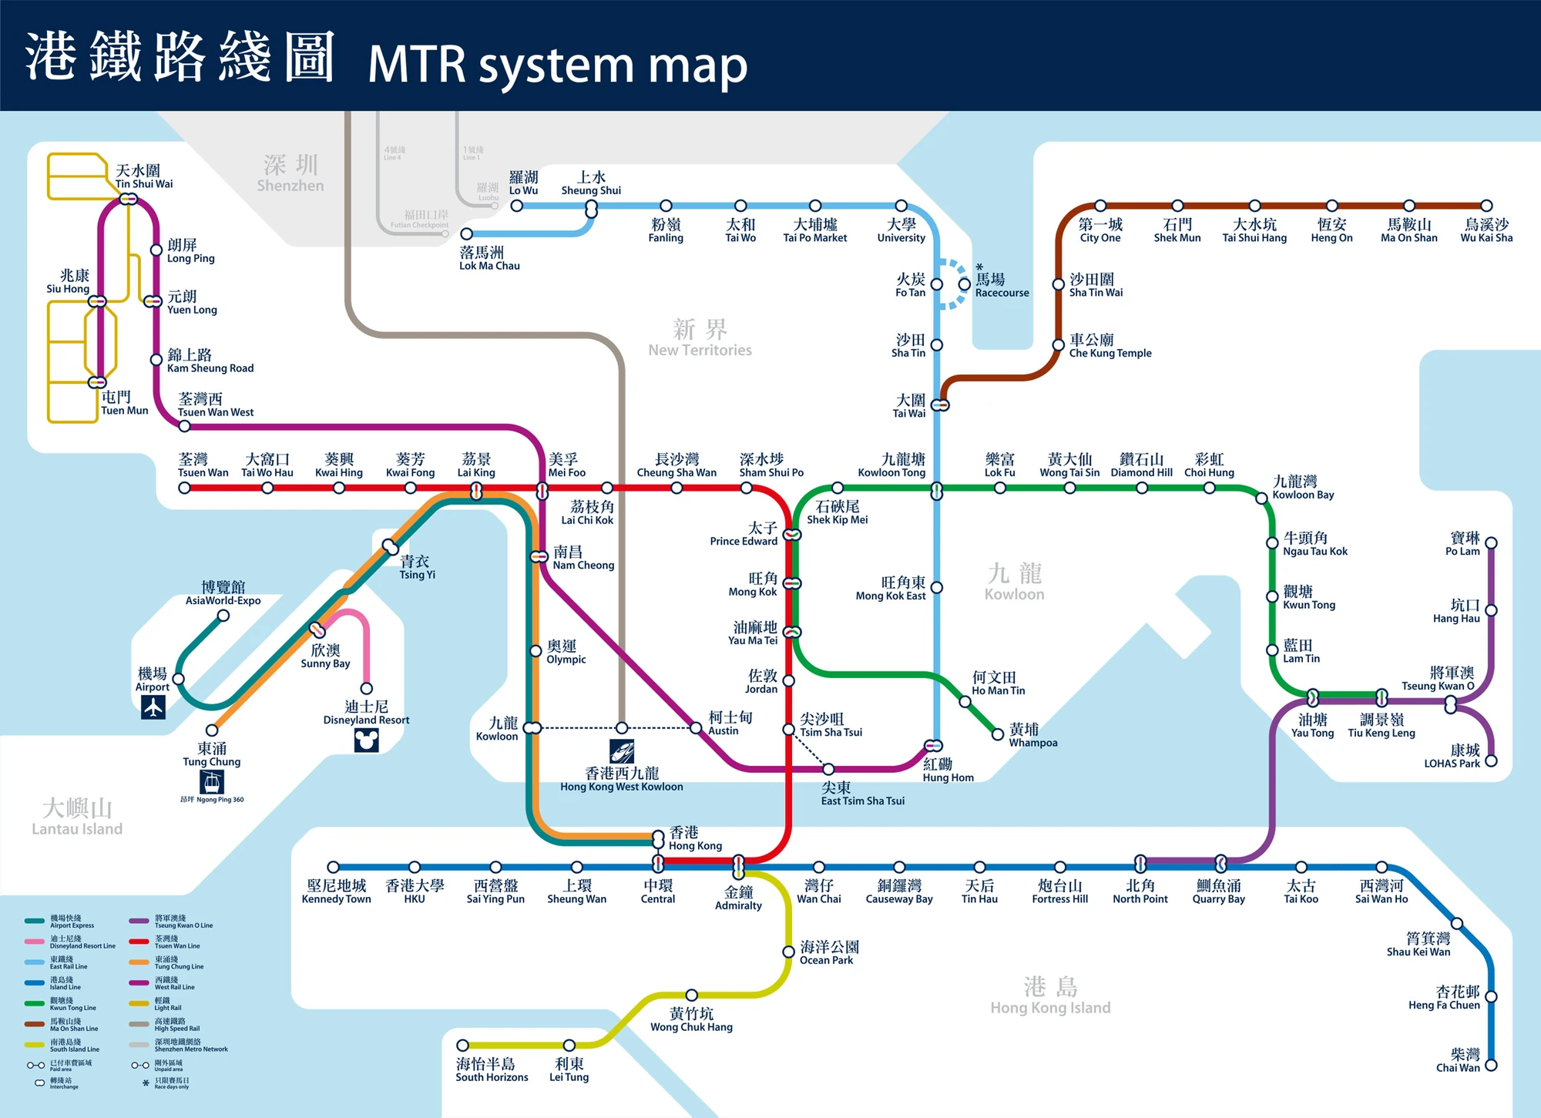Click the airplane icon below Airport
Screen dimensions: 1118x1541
(x=153, y=707)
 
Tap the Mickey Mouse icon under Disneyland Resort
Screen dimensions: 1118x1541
(x=366, y=740)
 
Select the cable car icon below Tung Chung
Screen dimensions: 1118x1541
(x=212, y=782)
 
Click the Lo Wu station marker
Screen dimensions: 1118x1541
(x=517, y=206)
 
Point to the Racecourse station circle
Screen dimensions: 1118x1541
(x=964, y=284)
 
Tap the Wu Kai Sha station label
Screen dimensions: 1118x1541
(x=1486, y=230)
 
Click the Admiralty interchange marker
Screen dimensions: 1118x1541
(x=738, y=866)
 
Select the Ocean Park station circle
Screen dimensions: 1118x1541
(x=788, y=952)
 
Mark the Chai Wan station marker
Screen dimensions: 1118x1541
(x=1491, y=1066)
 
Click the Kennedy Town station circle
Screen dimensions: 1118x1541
(x=334, y=868)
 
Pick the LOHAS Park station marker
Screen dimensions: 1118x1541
(x=1491, y=761)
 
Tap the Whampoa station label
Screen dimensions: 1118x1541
(x=1032, y=735)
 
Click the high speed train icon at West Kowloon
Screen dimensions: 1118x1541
(x=622, y=750)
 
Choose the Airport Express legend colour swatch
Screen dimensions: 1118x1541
(x=35, y=921)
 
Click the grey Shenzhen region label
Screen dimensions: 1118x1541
(x=290, y=173)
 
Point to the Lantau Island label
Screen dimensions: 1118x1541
(x=77, y=818)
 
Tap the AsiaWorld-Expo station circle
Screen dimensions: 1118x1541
(x=223, y=616)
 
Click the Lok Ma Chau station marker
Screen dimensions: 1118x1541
(x=466, y=233)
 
